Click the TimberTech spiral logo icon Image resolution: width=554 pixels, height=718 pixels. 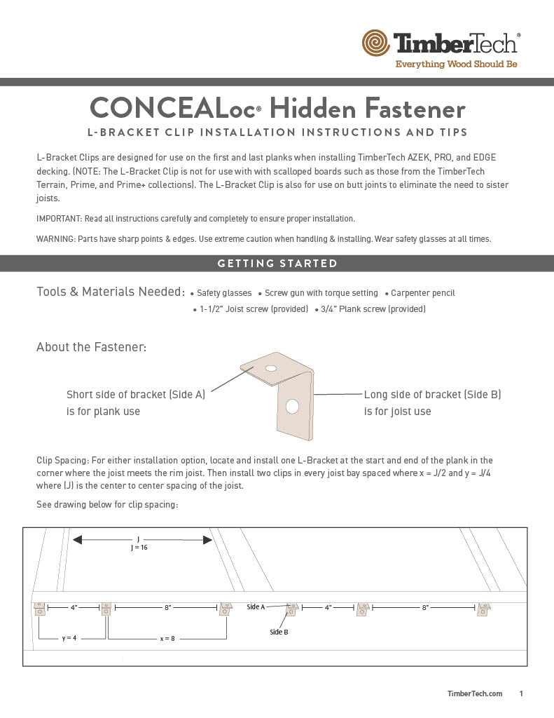pyautogui.click(x=376, y=43)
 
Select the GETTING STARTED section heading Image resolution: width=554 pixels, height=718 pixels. pyautogui.click(x=277, y=264)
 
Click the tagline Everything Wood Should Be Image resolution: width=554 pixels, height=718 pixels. pyautogui.click(x=456, y=65)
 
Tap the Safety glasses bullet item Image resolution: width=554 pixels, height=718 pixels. pyautogui.click(x=223, y=293)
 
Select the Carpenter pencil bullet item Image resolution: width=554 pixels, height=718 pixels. pyautogui.click(x=422, y=293)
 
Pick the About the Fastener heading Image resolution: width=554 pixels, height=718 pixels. pyautogui.click(x=91, y=347)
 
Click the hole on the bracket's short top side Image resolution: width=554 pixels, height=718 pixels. pyautogui.click(x=271, y=368)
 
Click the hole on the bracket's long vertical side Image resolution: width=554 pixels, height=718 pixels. pyautogui.click(x=292, y=406)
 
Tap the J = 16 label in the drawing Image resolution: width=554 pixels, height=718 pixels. pyautogui.click(x=139, y=548)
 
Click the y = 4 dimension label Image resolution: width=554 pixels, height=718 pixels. pyautogui.click(x=69, y=638)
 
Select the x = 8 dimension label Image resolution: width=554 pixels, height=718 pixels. pyautogui.click(x=167, y=638)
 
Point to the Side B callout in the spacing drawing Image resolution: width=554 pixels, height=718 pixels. pyautogui.click(x=279, y=632)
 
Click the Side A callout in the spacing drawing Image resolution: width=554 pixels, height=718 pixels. pyautogui.click(x=256, y=607)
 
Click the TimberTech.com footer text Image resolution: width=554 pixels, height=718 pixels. pyautogui.click(x=475, y=693)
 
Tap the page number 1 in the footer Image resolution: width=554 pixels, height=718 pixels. pyautogui.click(x=521, y=693)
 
